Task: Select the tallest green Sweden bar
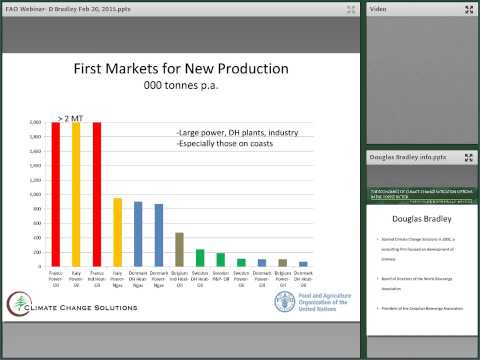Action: click(199, 258)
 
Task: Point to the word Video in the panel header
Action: click(379, 9)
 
